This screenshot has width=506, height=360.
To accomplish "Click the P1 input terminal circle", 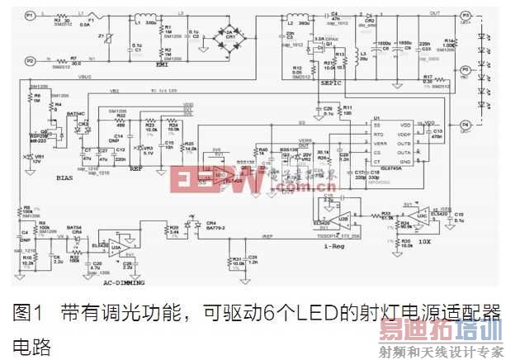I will pos(29,16).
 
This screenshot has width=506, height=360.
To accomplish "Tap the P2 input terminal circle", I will pos(29,60).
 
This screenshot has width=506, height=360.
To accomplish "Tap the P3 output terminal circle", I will pos(466,16).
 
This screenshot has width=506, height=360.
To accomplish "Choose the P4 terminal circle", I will pos(466,125).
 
